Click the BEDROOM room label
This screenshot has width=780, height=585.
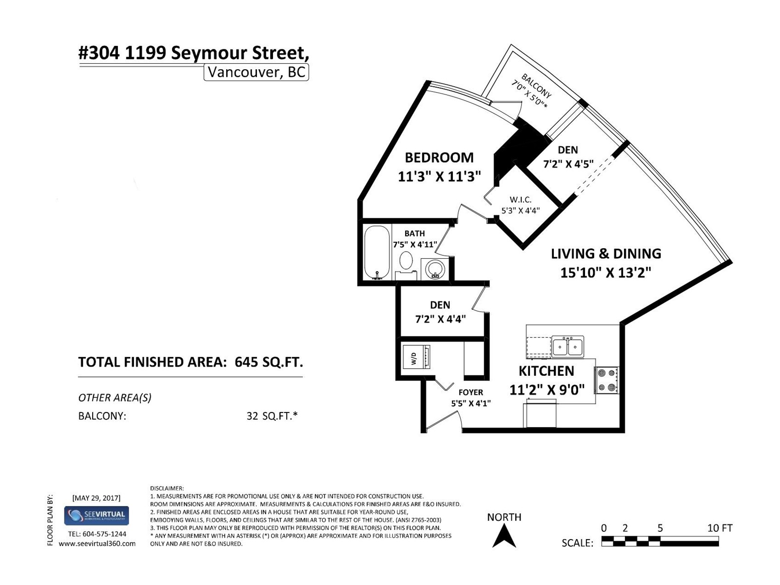pyautogui.click(x=439, y=157)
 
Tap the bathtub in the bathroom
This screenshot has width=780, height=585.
pyautogui.click(x=377, y=252)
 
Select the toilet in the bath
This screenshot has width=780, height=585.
pyautogui.click(x=406, y=265)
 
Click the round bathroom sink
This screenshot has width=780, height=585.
pyautogui.click(x=435, y=269)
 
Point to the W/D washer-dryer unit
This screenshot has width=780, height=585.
pyautogui.click(x=416, y=357)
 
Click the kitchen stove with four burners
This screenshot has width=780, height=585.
pyautogui.click(x=606, y=380)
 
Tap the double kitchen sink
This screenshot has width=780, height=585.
pyautogui.click(x=567, y=346)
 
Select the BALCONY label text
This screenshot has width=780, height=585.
pyautogui.click(x=536, y=86)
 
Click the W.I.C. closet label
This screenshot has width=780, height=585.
pyautogui.click(x=521, y=200)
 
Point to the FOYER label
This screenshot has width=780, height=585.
pyautogui.click(x=471, y=392)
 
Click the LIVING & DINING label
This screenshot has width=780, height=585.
pyautogui.click(x=606, y=253)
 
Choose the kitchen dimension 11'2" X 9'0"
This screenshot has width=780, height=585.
pyautogui.click(x=547, y=390)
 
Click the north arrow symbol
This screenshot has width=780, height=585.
pyautogui.click(x=504, y=535)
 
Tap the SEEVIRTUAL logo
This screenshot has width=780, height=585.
pyautogui.click(x=97, y=516)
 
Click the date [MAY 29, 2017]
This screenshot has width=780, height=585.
pyautogui.click(x=97, y=498)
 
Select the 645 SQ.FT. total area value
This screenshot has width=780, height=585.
pyautogui.click(x=269, y=362)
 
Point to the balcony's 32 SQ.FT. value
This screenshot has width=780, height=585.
pyautogui.click(x=272, y=415)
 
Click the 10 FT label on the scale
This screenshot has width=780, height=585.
pyautogui.click(x=720, y=528)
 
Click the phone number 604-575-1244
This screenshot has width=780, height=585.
pyautogui.click(x=104, y=534)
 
